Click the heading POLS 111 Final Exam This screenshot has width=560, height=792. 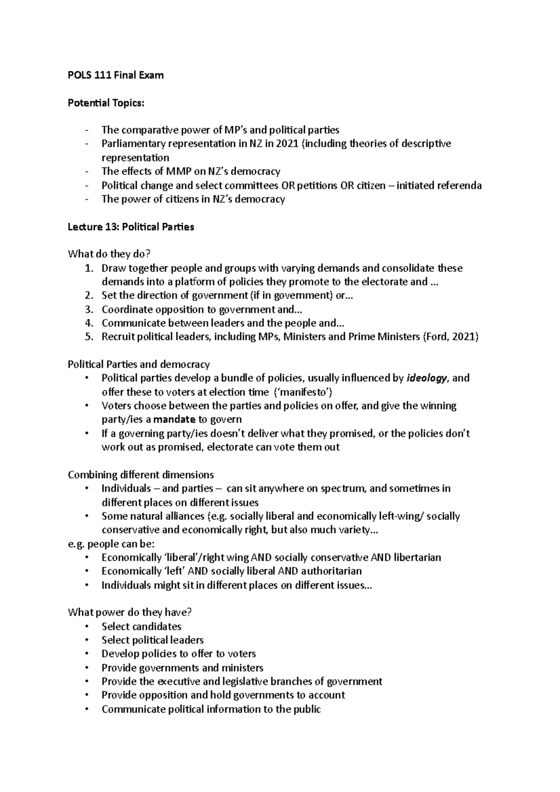116,75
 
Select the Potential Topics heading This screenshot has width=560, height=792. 106,103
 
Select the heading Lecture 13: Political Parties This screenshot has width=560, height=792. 131,227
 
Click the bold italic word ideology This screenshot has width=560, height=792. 427,378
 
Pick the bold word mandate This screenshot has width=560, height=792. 174,419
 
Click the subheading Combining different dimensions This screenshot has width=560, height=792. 140,475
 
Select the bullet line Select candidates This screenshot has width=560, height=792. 141,626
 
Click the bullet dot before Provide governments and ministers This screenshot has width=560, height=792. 87,668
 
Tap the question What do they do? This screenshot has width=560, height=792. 109,254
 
